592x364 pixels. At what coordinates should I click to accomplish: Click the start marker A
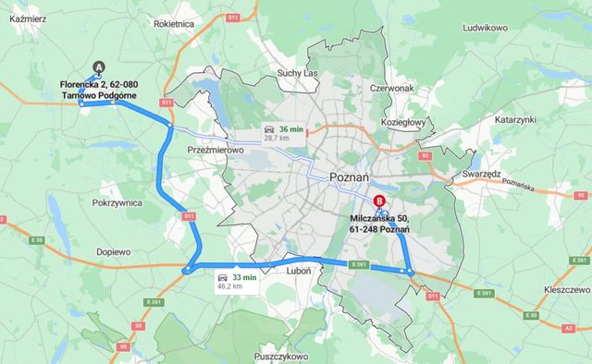tap(100, 67)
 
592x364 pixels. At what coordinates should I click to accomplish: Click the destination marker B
tap(377, 200)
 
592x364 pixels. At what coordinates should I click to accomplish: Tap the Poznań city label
tap(350, 176)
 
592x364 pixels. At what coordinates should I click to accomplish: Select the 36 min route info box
tap(282, 132)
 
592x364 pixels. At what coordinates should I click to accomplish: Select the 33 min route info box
tap(237, 282)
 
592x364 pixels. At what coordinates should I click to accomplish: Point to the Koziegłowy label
tap(403, 121)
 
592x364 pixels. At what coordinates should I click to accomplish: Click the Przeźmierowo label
tap(215, 150)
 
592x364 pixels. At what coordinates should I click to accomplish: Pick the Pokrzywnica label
tap(117, 201)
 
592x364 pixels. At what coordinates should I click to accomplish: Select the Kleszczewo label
tap(549, 287)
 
